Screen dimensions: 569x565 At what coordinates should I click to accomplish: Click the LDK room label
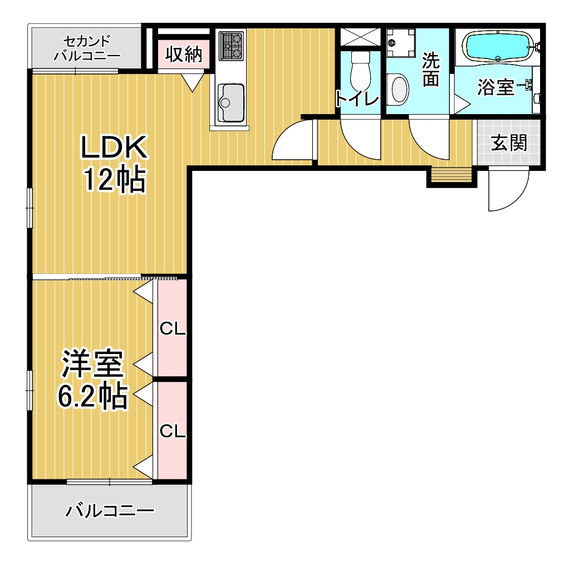click(114, 146)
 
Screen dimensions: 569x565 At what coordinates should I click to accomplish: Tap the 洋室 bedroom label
click(93, 363)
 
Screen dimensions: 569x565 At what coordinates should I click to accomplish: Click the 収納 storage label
click(184, 55)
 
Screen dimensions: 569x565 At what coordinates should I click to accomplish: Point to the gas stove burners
click(231, 46)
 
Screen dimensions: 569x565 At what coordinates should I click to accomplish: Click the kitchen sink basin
click(230, 102)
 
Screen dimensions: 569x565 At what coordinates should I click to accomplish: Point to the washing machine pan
click(401, 43)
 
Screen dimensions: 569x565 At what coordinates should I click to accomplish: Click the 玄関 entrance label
click(509, 143)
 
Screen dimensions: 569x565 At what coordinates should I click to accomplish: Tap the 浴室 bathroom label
click(496, 87)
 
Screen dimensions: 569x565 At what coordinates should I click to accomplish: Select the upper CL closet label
click(173, 329)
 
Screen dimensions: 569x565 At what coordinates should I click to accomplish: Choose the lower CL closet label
click(173, 431)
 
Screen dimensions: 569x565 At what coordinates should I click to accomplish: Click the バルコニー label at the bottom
click(110, 512)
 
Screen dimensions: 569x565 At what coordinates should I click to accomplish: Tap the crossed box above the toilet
click(360, 37)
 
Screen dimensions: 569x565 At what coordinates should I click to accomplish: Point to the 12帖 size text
click(115, 180)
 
